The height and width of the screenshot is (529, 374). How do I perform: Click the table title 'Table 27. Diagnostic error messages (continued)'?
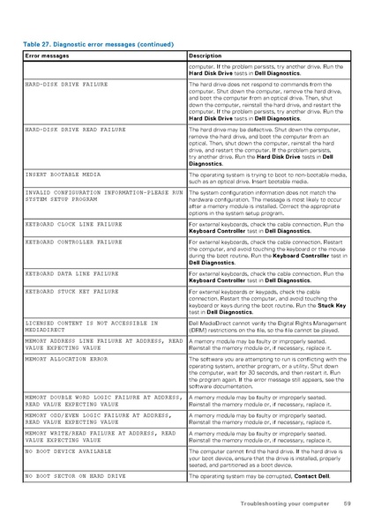(x=98, y=43)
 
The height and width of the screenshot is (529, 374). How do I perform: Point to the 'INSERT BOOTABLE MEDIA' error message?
(x=64, y=175)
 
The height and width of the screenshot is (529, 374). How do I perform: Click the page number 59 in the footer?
(x=347, y=503)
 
